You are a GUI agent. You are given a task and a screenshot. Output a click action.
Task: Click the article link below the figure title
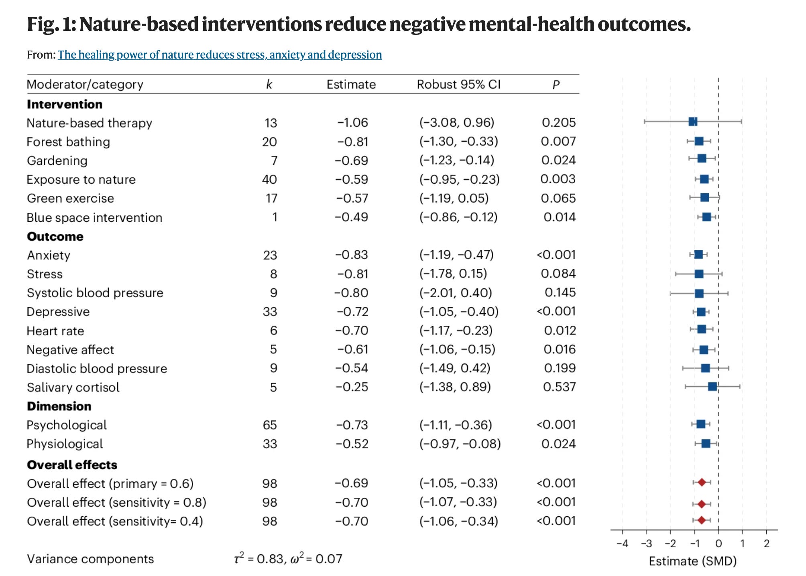(220, 55)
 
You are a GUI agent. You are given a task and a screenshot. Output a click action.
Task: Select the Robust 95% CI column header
(458, 84)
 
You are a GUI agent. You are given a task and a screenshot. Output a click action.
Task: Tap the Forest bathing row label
(68, 142)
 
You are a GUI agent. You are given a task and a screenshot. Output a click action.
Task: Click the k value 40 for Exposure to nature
(269, 179)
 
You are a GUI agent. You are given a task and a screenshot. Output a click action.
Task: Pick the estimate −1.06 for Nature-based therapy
(352, 122)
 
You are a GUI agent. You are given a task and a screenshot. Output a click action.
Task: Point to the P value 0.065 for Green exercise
(558, 198)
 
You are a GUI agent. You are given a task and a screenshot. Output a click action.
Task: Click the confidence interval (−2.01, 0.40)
(456, 293)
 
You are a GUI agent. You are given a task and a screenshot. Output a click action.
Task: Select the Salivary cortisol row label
(73, 387)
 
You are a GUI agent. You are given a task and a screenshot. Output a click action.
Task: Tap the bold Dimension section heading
(59, 406)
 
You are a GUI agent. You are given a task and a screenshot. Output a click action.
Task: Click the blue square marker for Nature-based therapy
(693, 122)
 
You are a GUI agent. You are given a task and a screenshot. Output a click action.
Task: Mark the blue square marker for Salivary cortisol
(712, 387)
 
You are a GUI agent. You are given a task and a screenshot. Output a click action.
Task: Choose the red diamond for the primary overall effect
(702, 483)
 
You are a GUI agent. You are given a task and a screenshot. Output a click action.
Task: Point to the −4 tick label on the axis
(622, 544)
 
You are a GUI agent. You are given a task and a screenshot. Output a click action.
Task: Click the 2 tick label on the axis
(767, 544)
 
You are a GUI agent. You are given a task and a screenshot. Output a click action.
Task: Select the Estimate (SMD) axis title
(693, 561)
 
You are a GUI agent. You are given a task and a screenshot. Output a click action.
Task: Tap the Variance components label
(90, 559)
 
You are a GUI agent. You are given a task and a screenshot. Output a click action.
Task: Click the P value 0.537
(559, 387)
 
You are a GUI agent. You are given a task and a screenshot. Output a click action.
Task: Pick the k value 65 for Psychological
(270, 425)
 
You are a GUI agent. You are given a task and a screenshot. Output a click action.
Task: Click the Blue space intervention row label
(94, 217)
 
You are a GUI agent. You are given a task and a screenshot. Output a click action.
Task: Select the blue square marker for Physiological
(706, 444)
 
